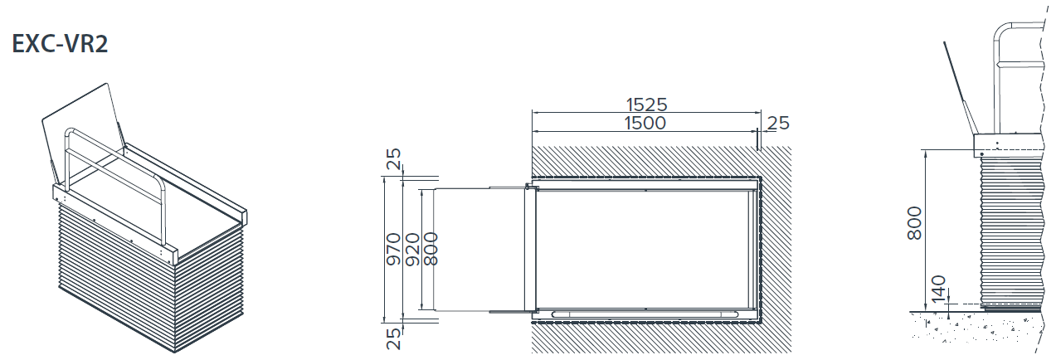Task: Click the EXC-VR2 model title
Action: (60, 44)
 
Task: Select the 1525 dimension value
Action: (646, 105)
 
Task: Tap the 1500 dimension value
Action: (645, 124)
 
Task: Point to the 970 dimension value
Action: (392, 249)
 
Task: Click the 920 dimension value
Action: (412, 249)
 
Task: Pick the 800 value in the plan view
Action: (431, 249)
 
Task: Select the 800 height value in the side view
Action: (914, 223)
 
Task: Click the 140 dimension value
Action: (939, 289)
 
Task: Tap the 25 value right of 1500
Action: (778, 124)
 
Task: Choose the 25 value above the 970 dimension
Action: (393, 158)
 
